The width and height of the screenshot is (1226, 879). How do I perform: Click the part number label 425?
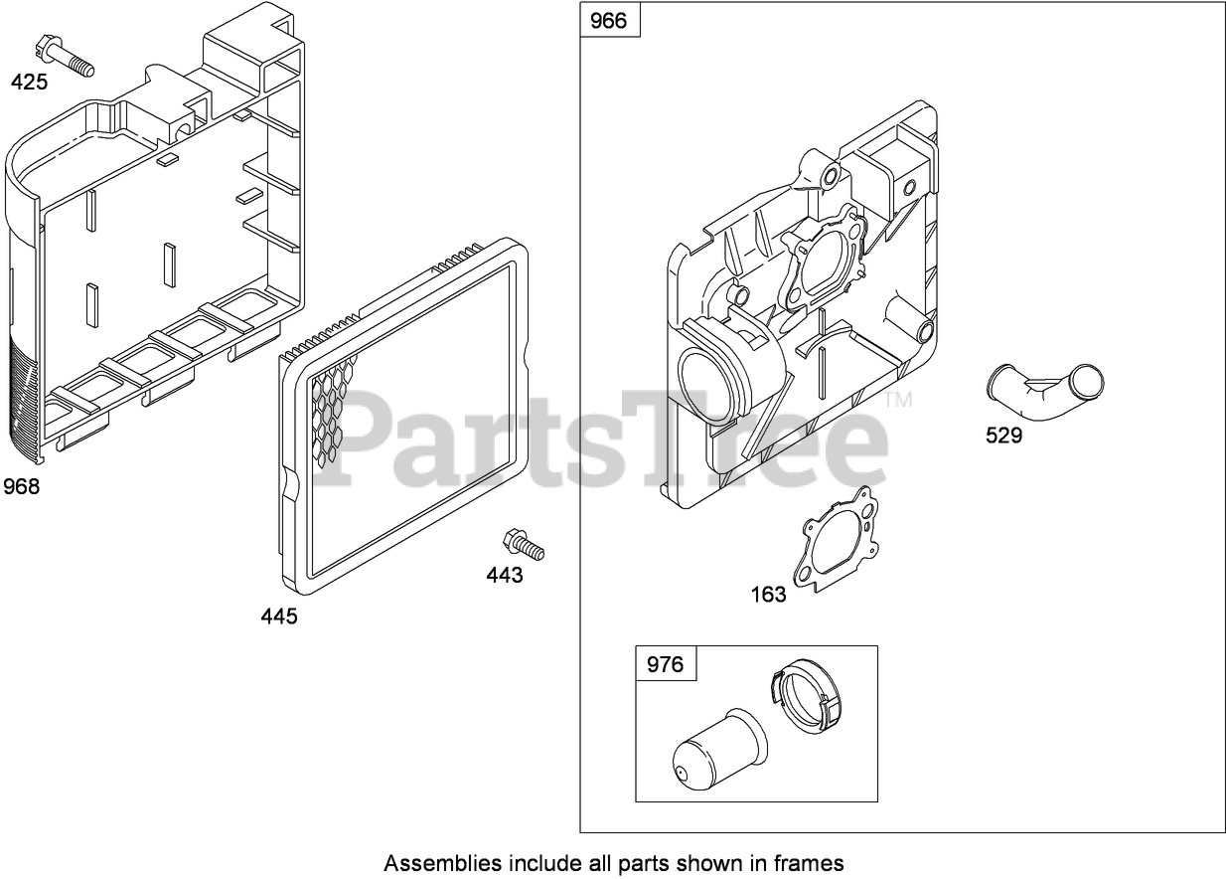point(29,83)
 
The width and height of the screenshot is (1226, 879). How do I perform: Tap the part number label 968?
point(22,487)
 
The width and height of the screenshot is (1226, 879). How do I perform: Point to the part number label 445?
point(279,616)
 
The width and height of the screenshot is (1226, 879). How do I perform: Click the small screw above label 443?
point(524,544)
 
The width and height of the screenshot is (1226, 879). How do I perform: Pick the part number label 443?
point(505,576)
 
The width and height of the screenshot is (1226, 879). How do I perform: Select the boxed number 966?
point(609,21)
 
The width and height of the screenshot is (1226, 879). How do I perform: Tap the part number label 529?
point(1003,436)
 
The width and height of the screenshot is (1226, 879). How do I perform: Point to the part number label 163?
point(768,595)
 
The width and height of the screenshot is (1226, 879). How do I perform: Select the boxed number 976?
point(666,663)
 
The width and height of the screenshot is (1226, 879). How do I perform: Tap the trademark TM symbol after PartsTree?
point(898,402)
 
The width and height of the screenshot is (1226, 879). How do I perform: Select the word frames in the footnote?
point(813,862)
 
